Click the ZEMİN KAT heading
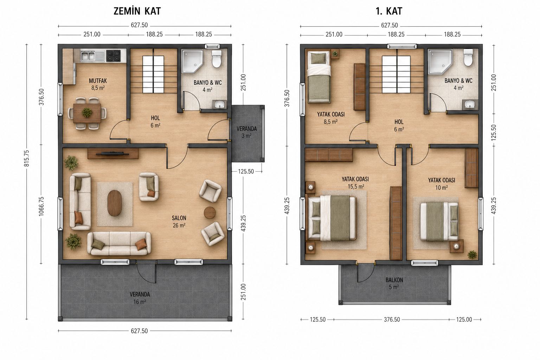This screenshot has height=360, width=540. [x=137, y=11]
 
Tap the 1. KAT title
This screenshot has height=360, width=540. [x=389, y=11]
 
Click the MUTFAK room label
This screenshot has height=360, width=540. [x=98, y=81]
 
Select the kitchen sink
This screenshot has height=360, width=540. [x=92, y=56]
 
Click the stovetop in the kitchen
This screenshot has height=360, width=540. [x=114, y=56]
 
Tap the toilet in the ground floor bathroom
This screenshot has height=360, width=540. [x=216, y=59]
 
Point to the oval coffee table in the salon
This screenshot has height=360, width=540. [x=114, y=203]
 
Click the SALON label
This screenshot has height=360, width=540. [x=179, y=218]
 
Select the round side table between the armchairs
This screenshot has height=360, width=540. [x=210, y=212]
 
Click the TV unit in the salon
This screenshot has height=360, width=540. [x=113, y=153]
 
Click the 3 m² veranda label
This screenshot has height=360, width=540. [x=246, y=136]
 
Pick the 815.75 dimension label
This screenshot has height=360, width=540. [x=26, y=158]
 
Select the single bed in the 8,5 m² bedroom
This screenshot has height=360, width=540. [x=319, y=76]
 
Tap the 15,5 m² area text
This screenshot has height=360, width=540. [x=356, y=186]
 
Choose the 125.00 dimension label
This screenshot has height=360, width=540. [x=464, y=320]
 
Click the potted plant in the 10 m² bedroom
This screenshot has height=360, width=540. [x=472, y=255]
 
